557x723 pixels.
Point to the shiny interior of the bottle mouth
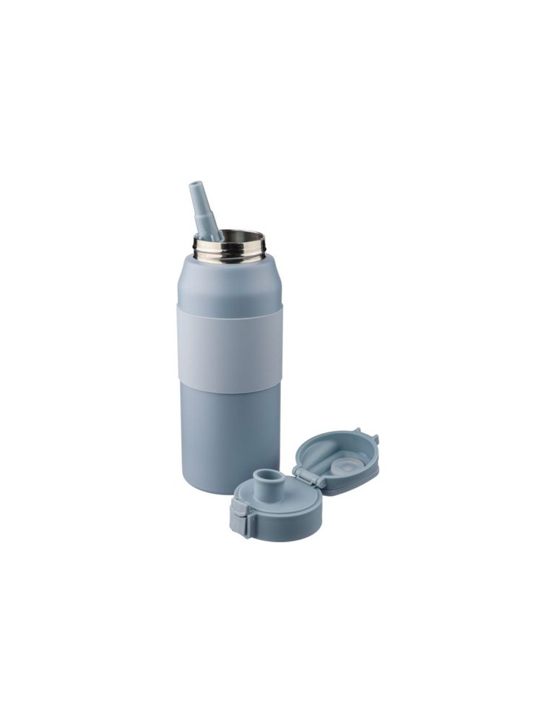coord(235,239)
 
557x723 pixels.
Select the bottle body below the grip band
coord(230,427)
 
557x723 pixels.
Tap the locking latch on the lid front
coord(238,515)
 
